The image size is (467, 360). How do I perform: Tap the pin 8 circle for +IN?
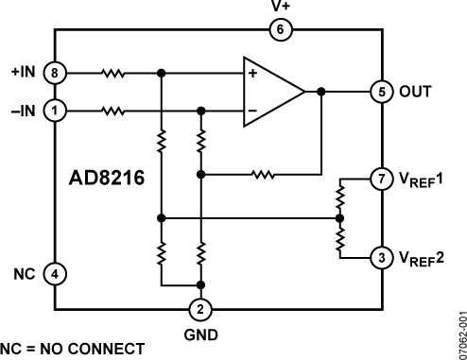point(56,72)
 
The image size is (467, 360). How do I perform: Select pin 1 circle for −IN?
point(56,111)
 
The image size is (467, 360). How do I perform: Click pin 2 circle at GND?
point(200,309)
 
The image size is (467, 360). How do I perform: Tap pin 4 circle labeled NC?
point(56,274)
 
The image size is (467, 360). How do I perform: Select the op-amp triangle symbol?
point(269,92)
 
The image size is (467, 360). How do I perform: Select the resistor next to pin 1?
point(113,111)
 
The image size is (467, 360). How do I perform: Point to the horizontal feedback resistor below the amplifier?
point(264,175)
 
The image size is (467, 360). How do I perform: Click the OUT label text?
point(418,93)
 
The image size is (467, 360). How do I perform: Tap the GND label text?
point(200,334)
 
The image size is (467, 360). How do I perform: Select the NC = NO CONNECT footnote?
point(73,349)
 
